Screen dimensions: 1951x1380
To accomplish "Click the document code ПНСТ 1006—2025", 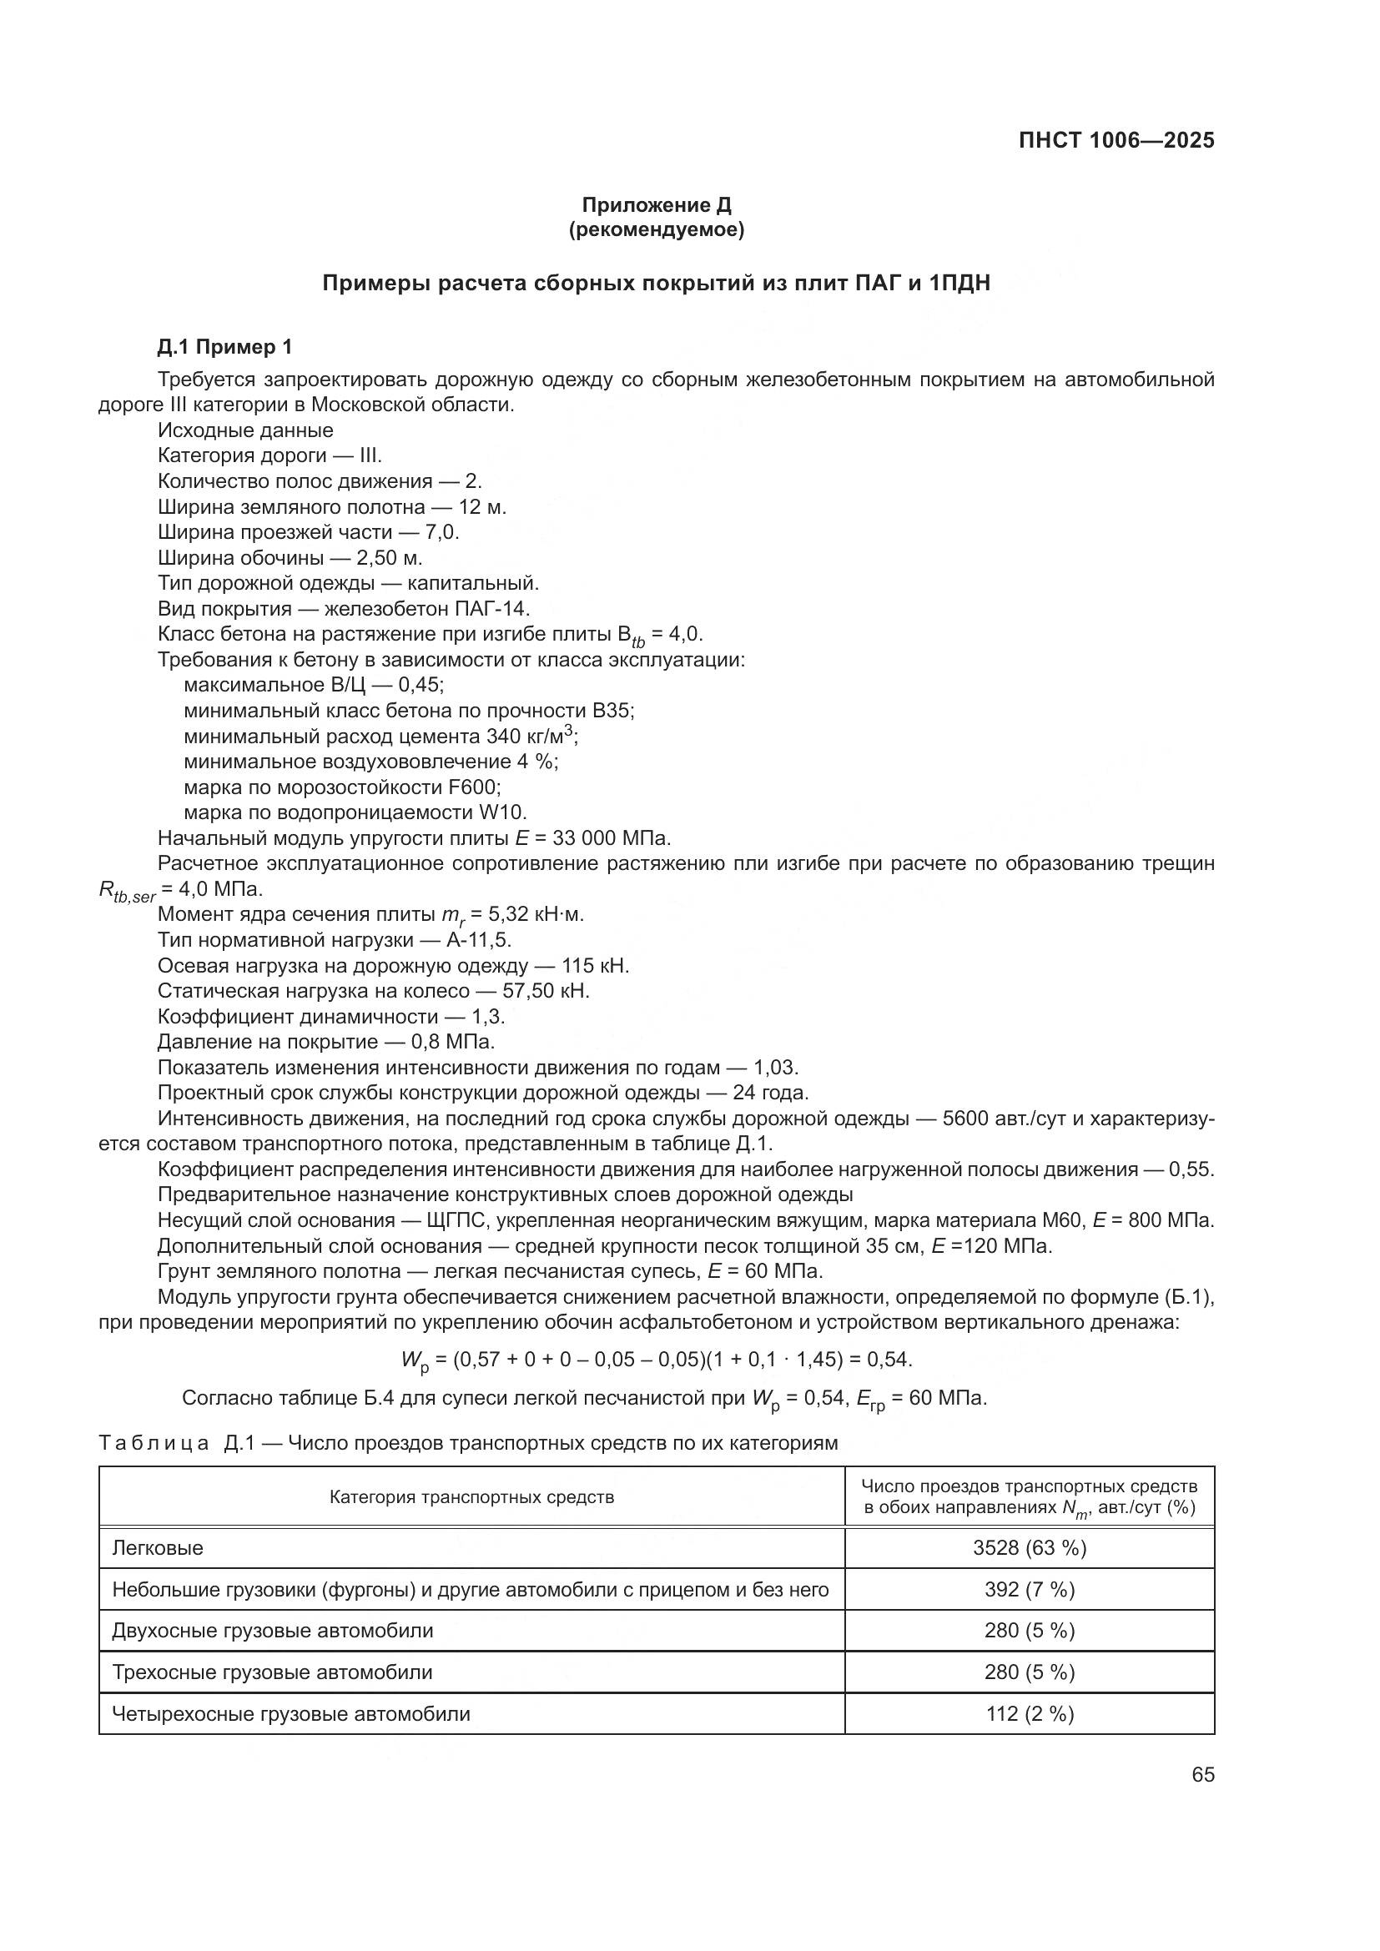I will (x=1116, y=141).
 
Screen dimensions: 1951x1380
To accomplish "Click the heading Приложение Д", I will (x=656, y=205).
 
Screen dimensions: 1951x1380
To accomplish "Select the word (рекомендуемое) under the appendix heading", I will (x=656, y=229).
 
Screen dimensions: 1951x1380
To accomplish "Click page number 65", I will (x=1202, y=1774).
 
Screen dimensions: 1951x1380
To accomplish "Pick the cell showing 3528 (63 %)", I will (x=1029, y=1547).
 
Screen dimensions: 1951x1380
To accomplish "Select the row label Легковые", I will (x=158, y=1547).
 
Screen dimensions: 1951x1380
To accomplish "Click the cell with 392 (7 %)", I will (x=1029, y=1589).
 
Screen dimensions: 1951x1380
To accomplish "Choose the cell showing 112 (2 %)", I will (x=1029, y=1713).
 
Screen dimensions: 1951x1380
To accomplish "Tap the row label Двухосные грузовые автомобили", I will (x=273, y=1631).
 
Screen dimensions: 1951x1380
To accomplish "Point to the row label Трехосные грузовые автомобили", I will (x=273, y=1672).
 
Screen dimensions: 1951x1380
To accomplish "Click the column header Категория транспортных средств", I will (x=471, y=1497).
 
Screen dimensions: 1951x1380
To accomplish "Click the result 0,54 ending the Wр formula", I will (x=888, y=1360).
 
